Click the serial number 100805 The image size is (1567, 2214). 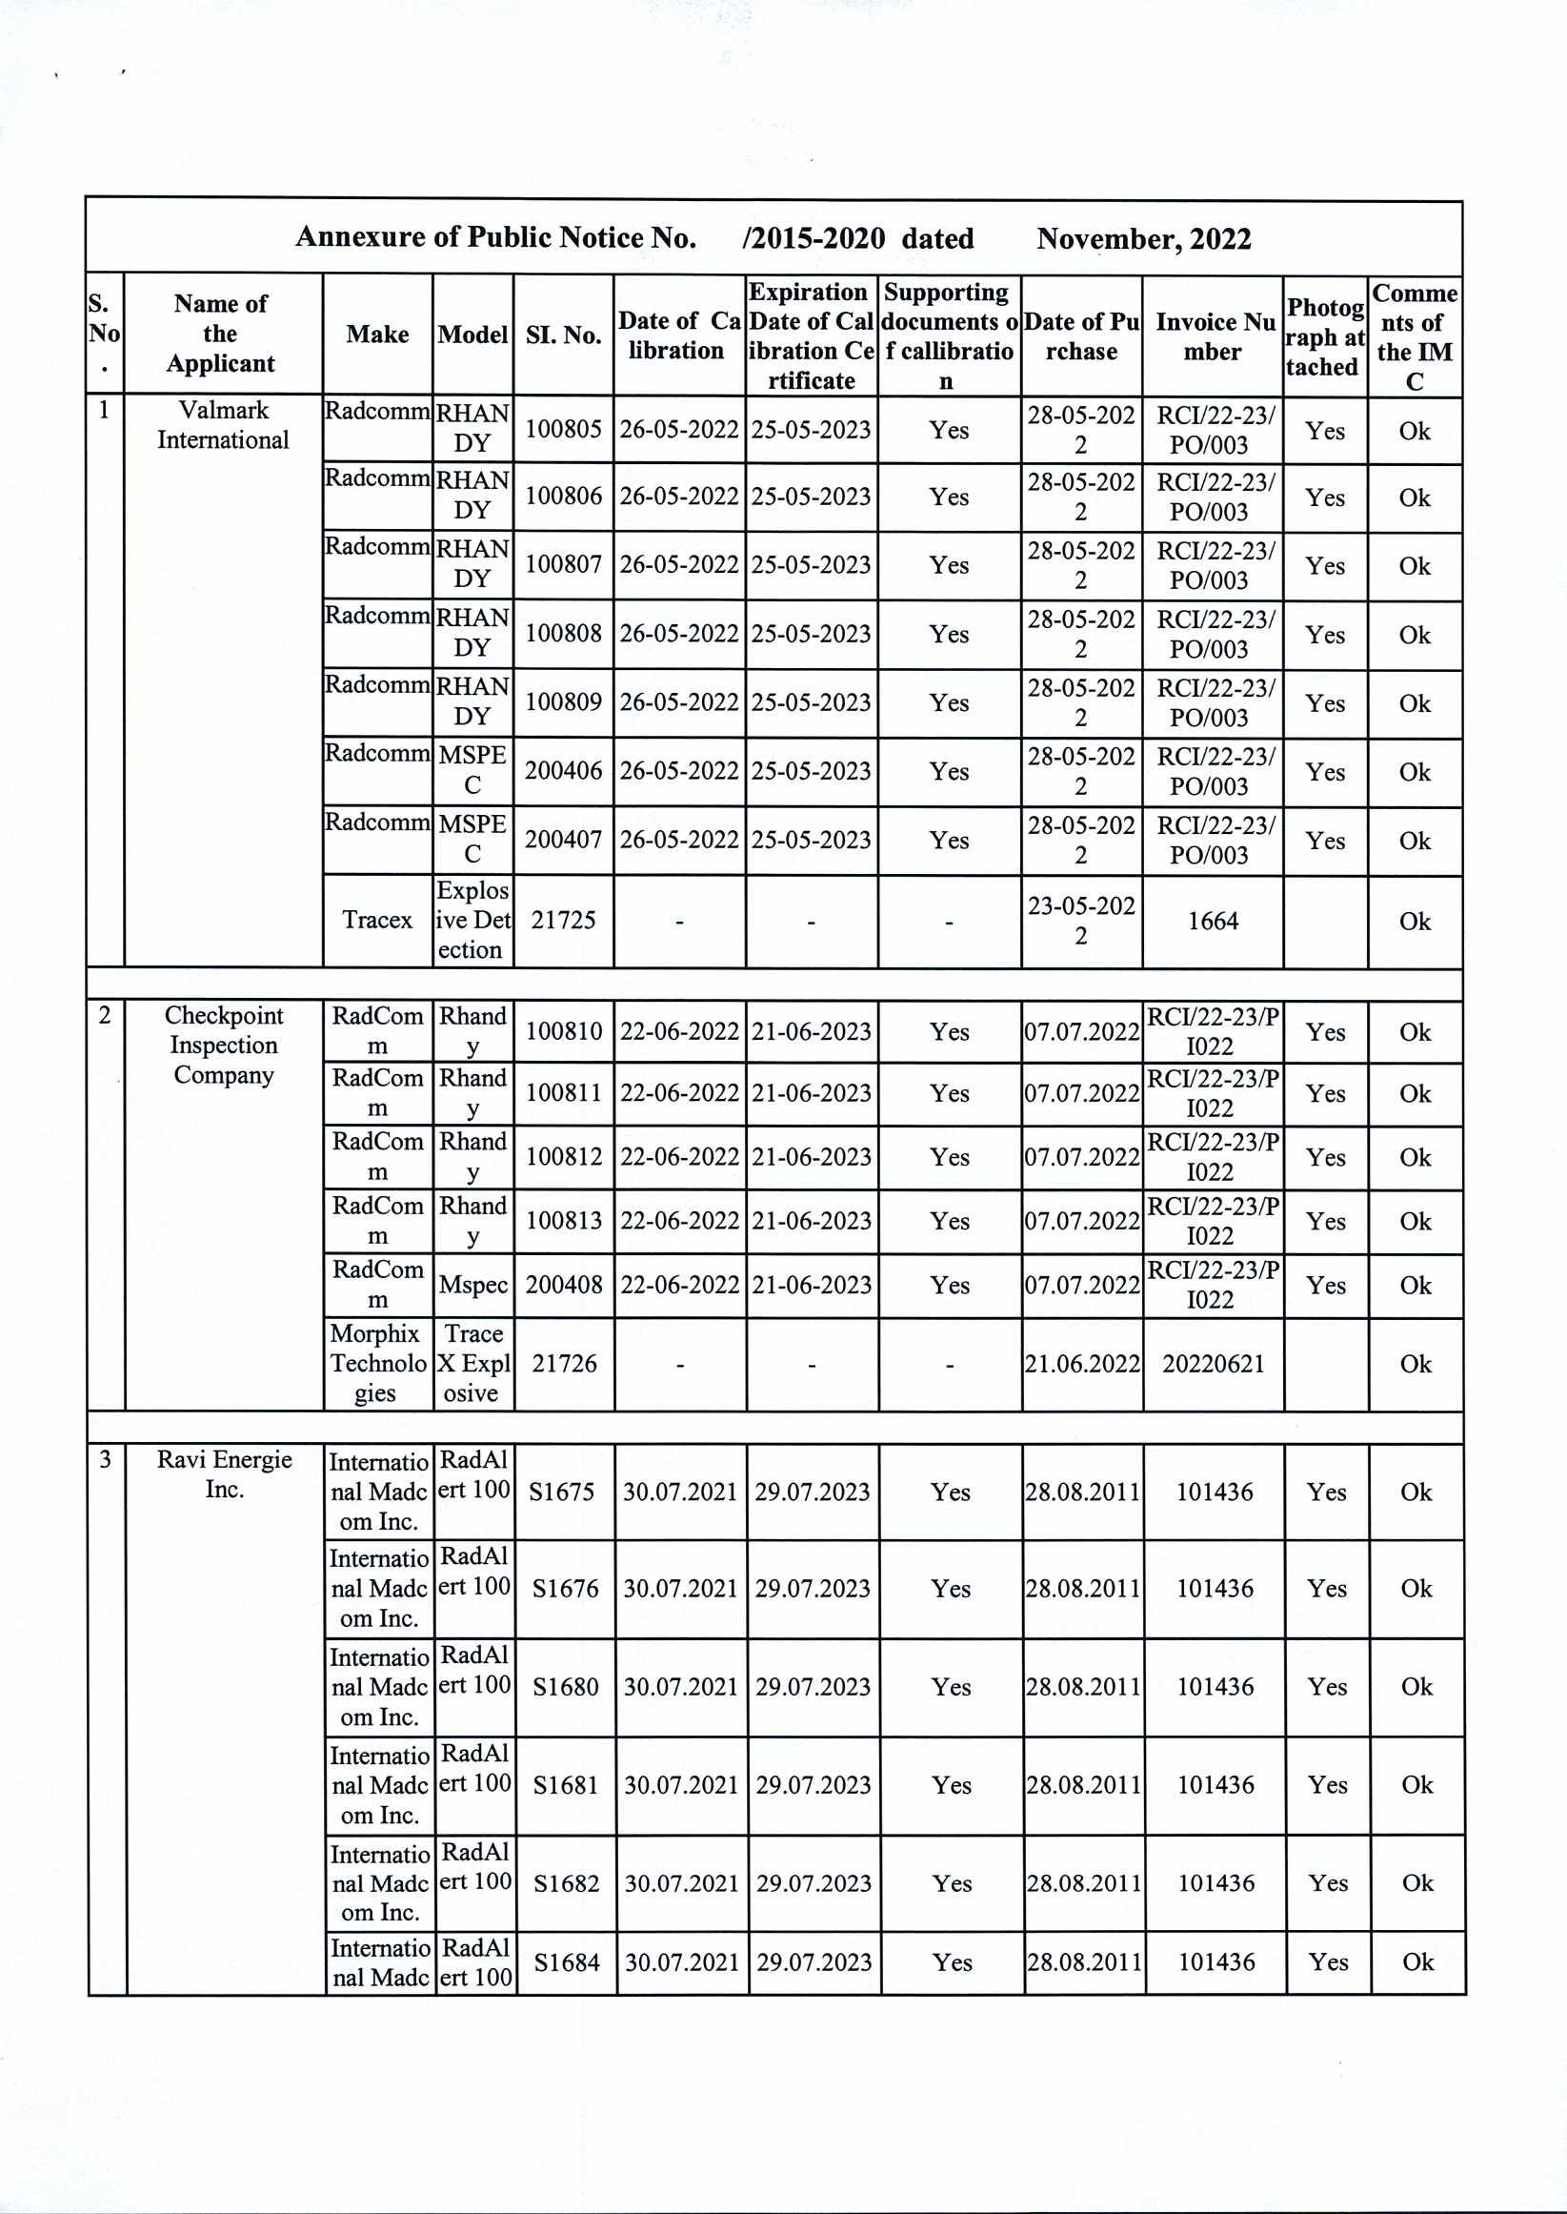[563, 430]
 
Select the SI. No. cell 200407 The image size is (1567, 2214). [563, 840]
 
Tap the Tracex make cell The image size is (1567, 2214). [377, 920]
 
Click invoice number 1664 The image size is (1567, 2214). [1212, 921]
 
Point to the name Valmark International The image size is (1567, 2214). [223, 425]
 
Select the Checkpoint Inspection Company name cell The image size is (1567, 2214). [223, 1046]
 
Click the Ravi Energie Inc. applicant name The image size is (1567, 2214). [224, 1473]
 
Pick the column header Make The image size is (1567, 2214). [377, 334]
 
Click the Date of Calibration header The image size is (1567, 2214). [678, 335]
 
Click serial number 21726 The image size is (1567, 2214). [565, 1363]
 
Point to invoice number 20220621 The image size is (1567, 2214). [1213, 1364]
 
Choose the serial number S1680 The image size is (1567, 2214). [566, 1687]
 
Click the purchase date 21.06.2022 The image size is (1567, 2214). [1081, 1364]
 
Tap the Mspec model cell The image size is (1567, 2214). [472, 1285]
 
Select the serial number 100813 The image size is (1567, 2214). [564, 1221]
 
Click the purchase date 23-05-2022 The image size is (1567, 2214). [1080, 921]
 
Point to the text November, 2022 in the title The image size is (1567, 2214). [1143, 238]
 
